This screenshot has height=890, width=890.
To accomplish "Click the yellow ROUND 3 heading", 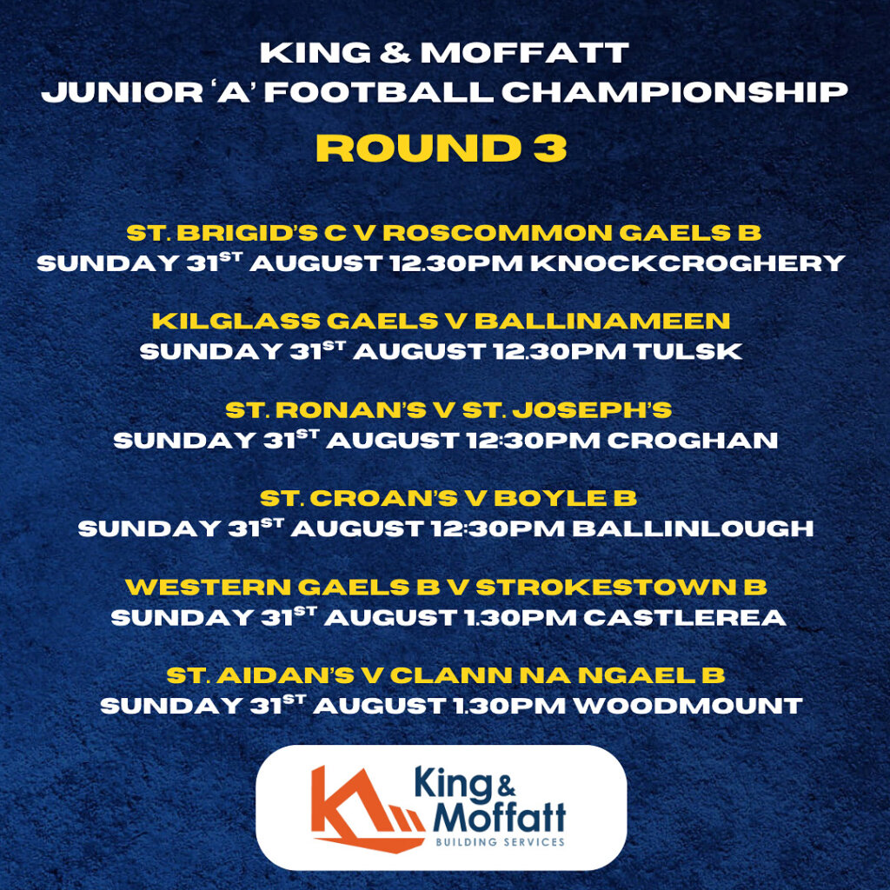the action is point(441,148).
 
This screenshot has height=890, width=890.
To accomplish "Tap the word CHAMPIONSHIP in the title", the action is point(674,92).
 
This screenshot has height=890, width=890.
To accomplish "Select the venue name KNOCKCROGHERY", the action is point(688,262).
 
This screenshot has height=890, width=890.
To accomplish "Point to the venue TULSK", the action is point(688,351).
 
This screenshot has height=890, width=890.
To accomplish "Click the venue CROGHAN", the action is point(693,440).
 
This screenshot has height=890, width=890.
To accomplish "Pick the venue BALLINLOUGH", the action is point(693,528).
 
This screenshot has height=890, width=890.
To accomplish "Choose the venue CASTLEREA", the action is point(685,617).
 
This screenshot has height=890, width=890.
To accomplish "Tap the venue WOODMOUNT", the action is point(688,706).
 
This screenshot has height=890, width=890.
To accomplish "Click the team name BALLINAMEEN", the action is point(602,321).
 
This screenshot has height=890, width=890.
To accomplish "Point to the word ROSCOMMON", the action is point(497,232).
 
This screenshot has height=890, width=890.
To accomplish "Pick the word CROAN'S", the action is point(383,498).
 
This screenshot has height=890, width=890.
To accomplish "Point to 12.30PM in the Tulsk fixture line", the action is point(561,351).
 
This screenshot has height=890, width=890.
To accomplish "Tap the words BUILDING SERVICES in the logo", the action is point(500,841).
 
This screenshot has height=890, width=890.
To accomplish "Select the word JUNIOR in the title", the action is point(122,92).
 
